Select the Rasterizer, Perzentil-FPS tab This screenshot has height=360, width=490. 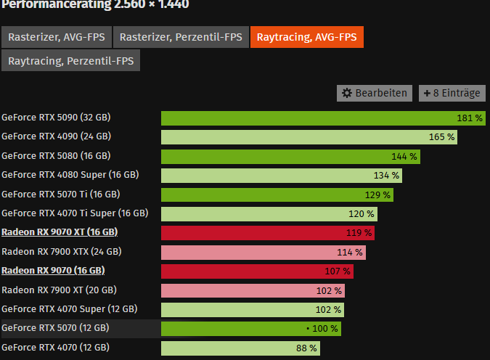tap(180, 37)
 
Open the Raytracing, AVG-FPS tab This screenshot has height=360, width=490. tap(306, 37)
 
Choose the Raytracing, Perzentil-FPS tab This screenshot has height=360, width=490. tap(71, 61)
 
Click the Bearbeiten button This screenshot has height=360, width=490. tap(375, 93)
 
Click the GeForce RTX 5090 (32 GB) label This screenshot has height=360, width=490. tap(56, 117)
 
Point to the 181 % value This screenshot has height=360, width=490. tap(470, 118)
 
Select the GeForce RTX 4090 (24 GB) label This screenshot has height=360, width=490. tap(56, 136)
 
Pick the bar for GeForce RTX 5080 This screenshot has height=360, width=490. tap(290, 156)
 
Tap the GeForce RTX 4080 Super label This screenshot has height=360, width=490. tap(70, 175)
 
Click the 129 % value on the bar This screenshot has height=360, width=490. tap(377, 195)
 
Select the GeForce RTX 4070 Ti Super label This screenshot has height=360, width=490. tap(75, 213)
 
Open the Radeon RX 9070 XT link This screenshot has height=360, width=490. tap(60, 232)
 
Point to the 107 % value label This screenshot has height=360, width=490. tap(338, 271)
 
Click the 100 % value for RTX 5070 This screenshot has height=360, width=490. tap(325, 329)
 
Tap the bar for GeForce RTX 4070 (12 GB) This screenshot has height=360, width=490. tap(240, 348)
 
